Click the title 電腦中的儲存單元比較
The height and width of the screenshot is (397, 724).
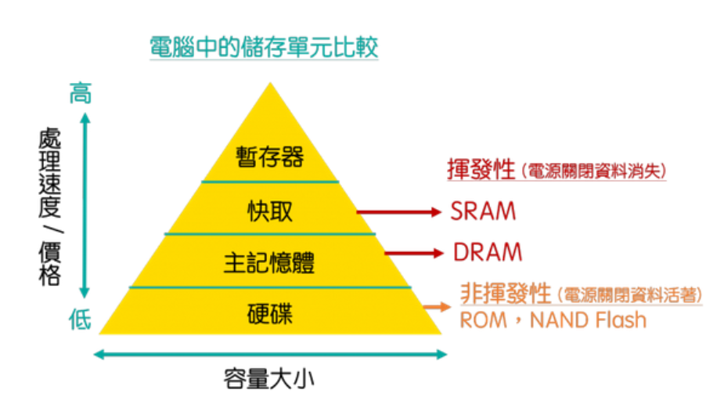click(x=265, y=48)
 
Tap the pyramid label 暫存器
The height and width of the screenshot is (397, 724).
click(x=269, y=157)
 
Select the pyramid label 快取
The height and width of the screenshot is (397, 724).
click(x=269, y=211)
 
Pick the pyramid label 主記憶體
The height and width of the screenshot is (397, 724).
click(x=269, y=262)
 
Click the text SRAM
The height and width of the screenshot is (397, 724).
click(x=483, y=211)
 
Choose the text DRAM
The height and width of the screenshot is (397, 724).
click(x=487, y=253)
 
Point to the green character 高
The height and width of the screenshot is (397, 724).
click(x=80, y=93)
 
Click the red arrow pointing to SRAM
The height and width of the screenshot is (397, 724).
click(x=399, y=211)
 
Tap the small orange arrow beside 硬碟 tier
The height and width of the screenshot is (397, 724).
click(x=431, y=307)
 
